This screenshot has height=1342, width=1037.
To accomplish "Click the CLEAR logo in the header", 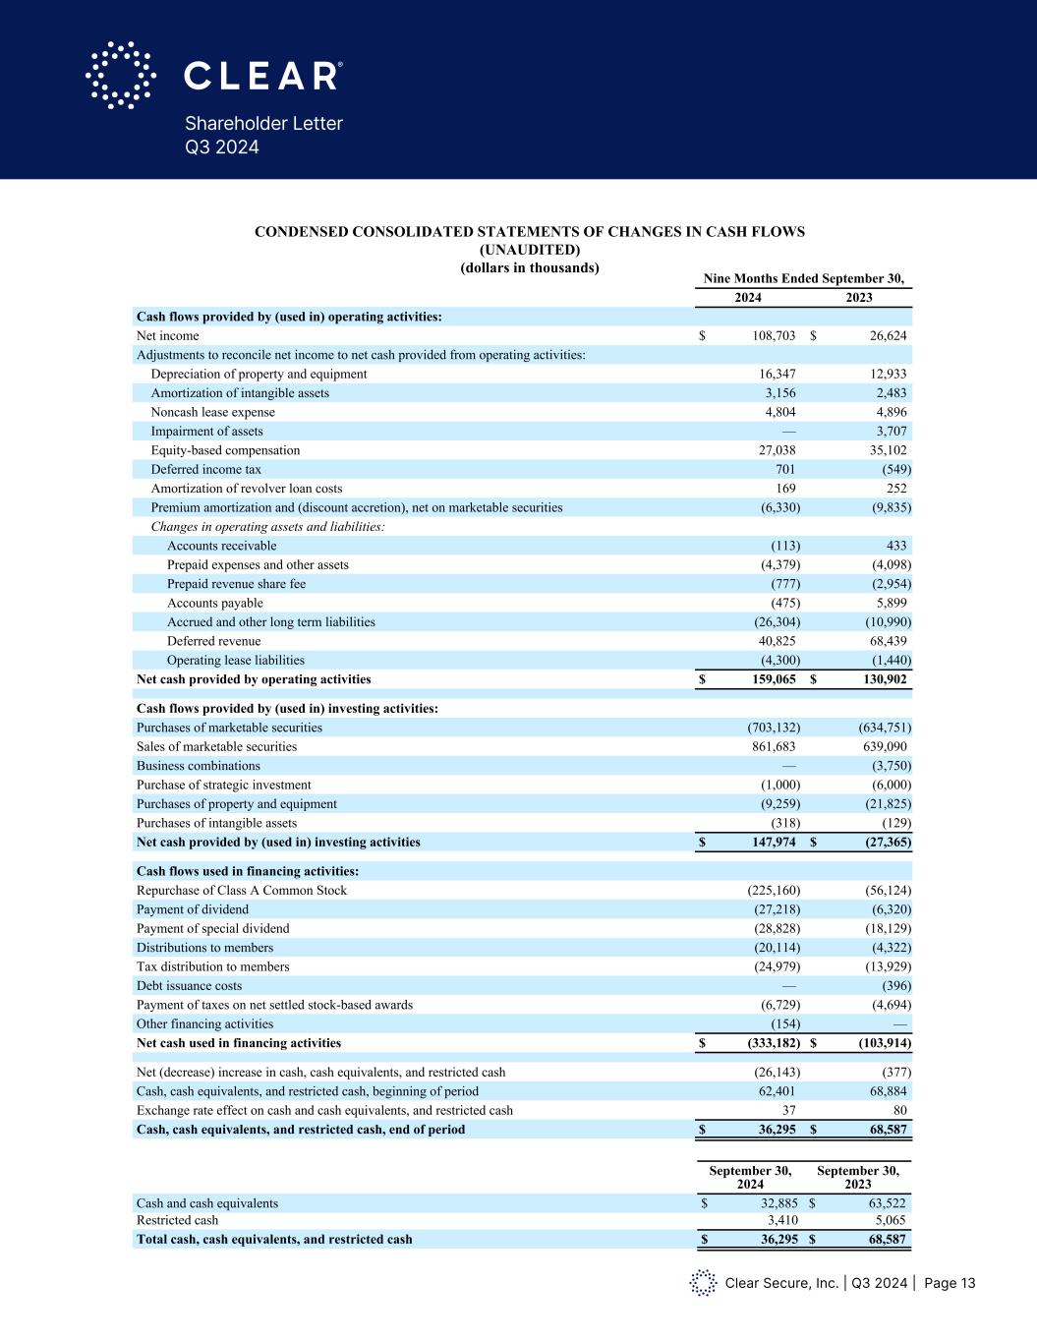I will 213,75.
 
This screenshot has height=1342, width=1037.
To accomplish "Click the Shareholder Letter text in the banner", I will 263,124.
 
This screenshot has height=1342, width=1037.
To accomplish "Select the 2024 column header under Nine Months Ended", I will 748,298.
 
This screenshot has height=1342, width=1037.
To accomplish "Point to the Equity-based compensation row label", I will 225,450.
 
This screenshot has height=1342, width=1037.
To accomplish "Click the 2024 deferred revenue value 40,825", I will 774,641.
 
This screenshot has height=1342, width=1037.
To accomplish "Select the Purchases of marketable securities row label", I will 229,728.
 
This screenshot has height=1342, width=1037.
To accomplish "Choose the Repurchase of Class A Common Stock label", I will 242,891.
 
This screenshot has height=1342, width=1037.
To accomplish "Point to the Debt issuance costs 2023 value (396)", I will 896,986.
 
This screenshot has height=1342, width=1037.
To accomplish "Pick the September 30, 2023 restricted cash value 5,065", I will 888,1220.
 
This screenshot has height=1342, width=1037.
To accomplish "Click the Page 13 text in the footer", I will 950,1283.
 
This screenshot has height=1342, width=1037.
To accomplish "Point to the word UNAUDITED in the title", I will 530,250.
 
